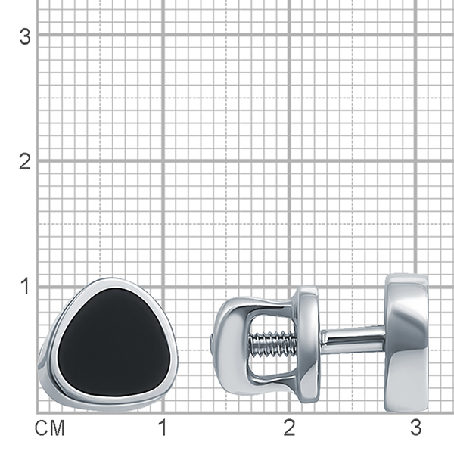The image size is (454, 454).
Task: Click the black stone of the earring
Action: coord(114,343)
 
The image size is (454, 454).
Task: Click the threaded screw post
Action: coord(274,344)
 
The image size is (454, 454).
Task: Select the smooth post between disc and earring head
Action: coord(353,342)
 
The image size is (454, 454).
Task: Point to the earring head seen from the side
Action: coord(406,343)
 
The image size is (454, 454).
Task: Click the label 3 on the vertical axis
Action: coord(25,37)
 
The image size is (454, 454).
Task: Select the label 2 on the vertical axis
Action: coord(25,162)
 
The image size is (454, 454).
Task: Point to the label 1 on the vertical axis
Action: coord(26,286)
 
